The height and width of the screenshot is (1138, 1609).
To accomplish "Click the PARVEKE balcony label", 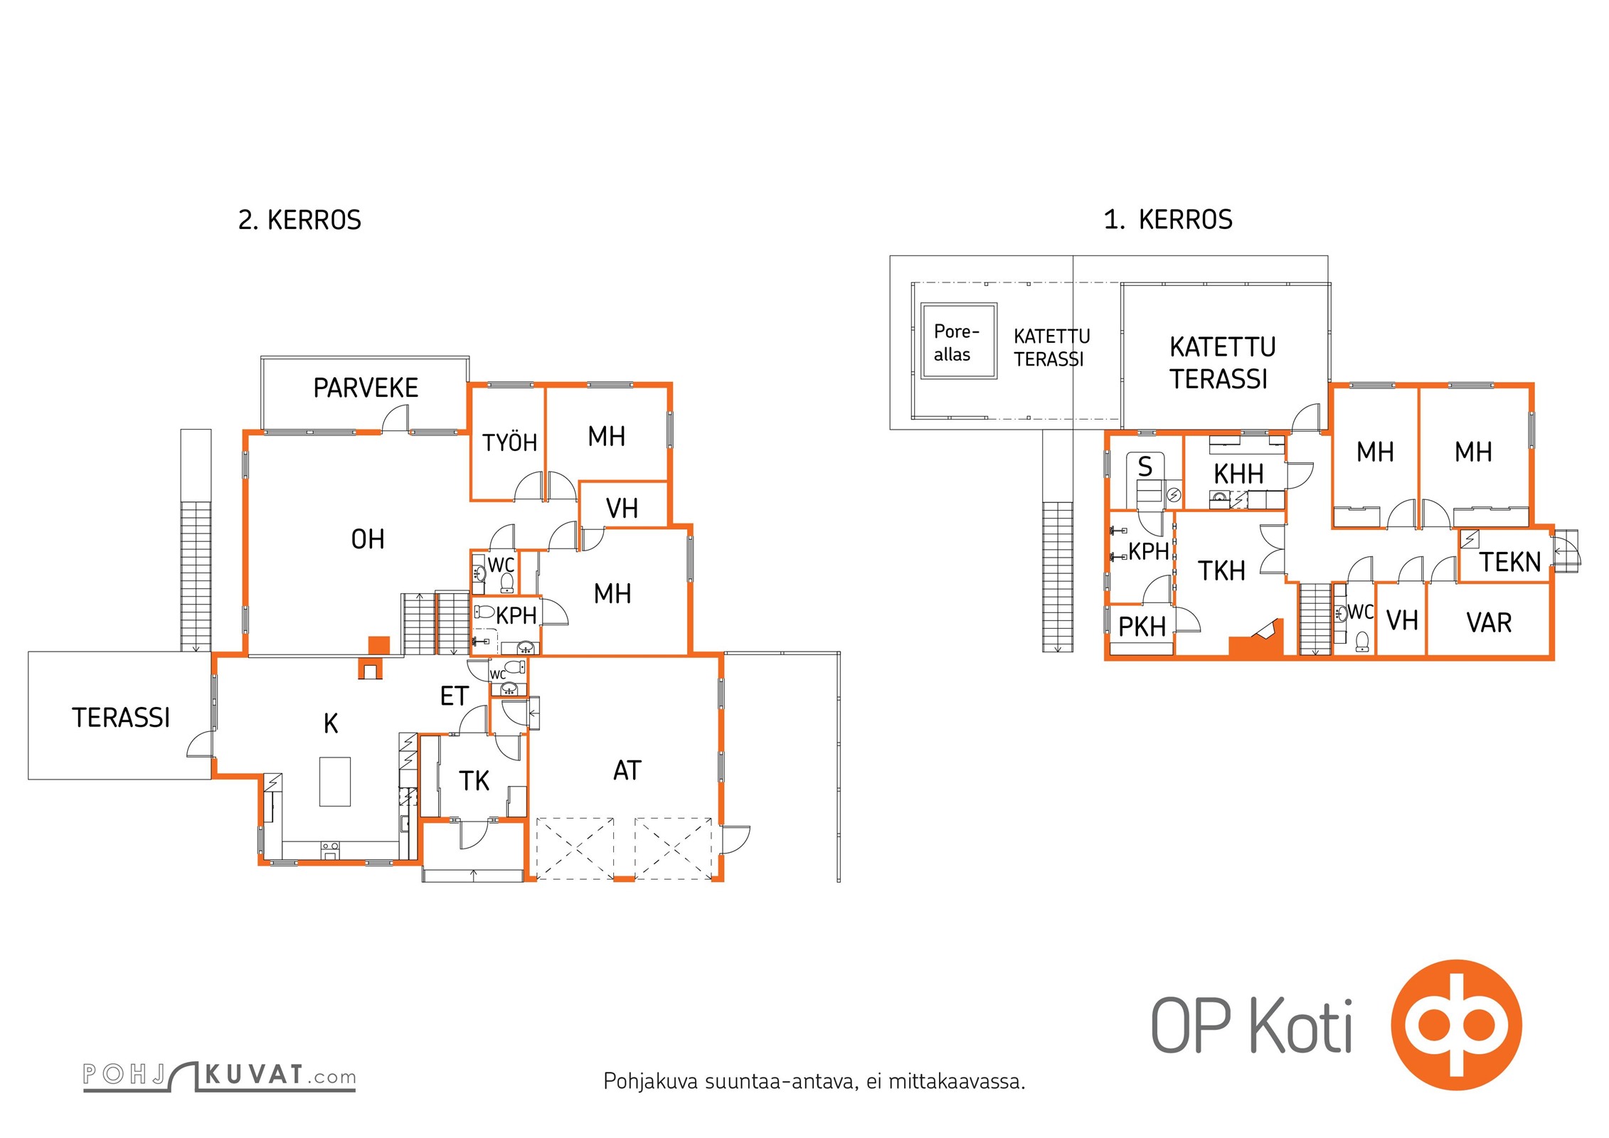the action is click(366, 388).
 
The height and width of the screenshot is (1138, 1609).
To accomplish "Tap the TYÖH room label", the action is click(509, 442).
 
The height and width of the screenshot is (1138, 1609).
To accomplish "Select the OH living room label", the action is click(368, 540).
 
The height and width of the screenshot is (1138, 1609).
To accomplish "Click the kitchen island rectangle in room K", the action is click(335, 781).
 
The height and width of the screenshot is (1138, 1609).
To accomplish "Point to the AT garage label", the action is click(627, 770).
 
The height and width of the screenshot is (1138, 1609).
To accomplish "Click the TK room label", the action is click(474, 781).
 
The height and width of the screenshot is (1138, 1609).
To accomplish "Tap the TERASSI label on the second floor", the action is click(121, 718).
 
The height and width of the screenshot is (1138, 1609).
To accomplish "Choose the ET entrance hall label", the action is click(454, 696).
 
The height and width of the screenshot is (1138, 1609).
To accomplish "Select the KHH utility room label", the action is click(1238, 474).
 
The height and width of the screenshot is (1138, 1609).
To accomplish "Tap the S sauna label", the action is click(1145, 467).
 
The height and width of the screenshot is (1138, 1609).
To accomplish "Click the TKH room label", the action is click(1221, 570).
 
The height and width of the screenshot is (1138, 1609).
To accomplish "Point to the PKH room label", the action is click(1142, 627).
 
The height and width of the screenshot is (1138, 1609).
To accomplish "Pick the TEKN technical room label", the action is click(1509, 562).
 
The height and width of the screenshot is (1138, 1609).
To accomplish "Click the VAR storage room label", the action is click(1488, 622).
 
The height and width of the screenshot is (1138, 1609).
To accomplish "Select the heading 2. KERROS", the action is click(299, 220).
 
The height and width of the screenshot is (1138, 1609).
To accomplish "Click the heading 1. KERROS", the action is click(1168, 220).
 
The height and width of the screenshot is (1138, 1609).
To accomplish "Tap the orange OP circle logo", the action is click(1456, 1025).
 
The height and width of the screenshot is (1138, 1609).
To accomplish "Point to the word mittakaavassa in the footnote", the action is click(956, 1082).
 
